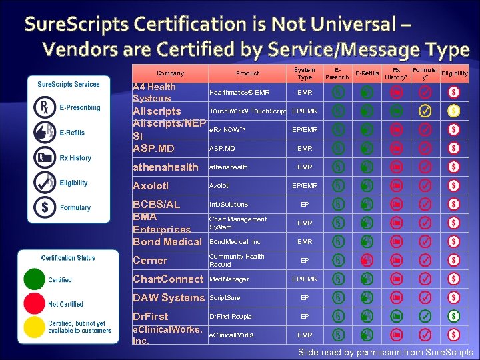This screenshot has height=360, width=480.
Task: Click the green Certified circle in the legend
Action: coord(34,279)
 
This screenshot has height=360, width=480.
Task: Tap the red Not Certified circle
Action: coord(34,303)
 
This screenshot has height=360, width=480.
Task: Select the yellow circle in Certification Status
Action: coord(34,327)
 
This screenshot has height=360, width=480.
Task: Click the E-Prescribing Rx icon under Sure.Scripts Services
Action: coord(45,108)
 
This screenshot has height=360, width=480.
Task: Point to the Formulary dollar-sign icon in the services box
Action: coord(45,207)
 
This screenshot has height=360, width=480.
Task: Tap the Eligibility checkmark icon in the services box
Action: coord(45,182)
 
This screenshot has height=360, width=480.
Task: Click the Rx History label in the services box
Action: coord(75,158)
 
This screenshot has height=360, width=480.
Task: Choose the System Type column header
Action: coord(304,73)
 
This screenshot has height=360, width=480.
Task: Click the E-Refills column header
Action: coord(367,73)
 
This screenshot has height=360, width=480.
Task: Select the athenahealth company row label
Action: coord(165,167)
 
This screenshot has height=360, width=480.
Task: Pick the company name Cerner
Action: coord(150,261)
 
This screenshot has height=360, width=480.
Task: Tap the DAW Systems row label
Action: coord(168,298)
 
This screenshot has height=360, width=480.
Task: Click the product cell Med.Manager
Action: coord(229,279)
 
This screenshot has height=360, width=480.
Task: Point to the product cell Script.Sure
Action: coord(225,298)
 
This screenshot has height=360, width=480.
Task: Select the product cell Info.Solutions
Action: coord(229,205)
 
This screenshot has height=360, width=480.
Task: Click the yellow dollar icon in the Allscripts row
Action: coord(453,110)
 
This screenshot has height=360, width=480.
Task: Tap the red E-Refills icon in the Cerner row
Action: coord(367,261)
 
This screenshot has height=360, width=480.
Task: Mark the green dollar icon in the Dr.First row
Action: coord(453,316)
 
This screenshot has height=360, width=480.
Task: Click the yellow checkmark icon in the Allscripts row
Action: coord(425,110)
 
